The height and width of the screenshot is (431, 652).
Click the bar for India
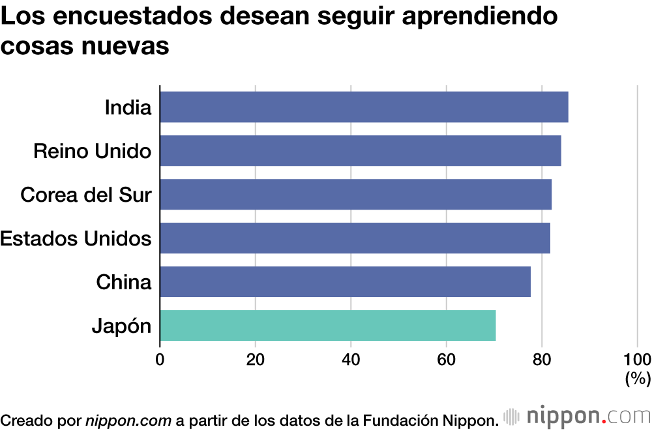click(x=364, y=107)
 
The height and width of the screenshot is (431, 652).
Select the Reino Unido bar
click(x=360, y=151)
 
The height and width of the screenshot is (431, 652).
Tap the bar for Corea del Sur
click(x=355, y=195)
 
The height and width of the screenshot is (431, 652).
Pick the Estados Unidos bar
click(x=355, y=238)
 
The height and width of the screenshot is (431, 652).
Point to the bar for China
click(x=345, y=281)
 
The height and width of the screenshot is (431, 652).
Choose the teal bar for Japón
click(x=327, y=325)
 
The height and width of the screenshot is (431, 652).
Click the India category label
click(x=128, y=107)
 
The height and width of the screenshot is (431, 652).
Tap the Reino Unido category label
click(x=92, y=151)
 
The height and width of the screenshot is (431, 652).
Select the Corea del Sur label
click(x=86, y=195)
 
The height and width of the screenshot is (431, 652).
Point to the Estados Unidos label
click(x=76, y=238)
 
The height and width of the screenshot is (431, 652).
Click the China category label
click(x=123, y=282)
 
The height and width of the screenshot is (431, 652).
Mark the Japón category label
click(x=121, y=326)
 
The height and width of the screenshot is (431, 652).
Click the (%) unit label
click(x=638, y=378)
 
